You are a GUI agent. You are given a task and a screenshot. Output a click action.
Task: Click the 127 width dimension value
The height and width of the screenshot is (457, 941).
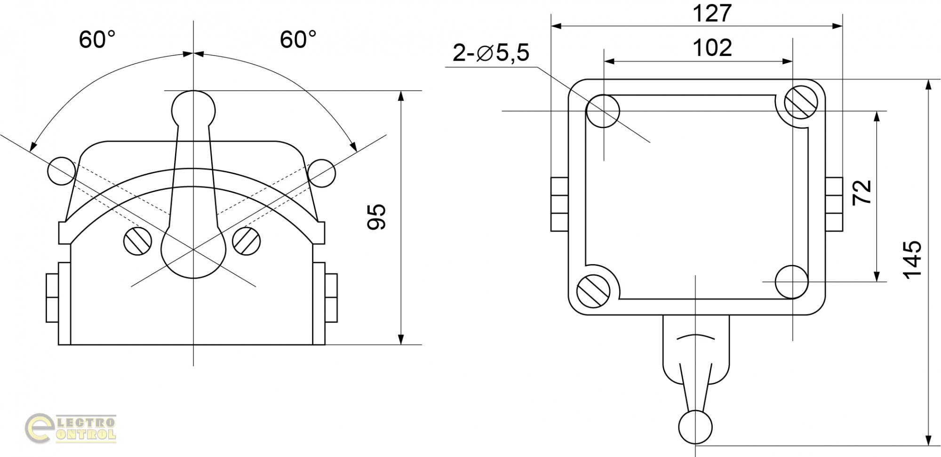click(x=712, y=14)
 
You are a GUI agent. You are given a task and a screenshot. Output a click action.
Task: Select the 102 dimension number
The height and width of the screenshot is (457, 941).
click(x=712, y=48)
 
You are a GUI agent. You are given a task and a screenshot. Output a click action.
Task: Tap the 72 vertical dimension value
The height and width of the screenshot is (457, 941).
click(x=862, y=192)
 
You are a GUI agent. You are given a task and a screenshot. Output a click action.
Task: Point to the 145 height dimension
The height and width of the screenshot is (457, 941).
click(x=912, y=259)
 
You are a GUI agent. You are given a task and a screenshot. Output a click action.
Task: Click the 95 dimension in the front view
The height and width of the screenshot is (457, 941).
click(x=376, y=217)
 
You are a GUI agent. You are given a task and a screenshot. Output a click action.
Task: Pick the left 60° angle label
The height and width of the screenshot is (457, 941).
click(x=97, y=40)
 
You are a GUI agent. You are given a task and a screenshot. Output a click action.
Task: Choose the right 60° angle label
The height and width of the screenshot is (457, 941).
click(x=298, y=40)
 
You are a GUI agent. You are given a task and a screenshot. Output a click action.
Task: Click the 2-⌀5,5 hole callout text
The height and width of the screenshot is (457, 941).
click(x=491, y=52)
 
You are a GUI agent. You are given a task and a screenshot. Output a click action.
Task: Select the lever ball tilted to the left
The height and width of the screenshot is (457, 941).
click(x=61, y=171)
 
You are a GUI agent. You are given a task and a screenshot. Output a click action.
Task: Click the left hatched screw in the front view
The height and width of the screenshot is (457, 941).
click(x=138, y=241)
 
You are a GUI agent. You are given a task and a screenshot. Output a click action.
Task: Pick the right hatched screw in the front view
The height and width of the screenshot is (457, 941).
click(x=247, y=241)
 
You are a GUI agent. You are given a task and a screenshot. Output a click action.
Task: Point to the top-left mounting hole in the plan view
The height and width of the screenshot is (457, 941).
click(x=603, y=111)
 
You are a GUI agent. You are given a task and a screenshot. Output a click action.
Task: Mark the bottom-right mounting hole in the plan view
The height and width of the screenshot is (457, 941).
click(x=792, y=281)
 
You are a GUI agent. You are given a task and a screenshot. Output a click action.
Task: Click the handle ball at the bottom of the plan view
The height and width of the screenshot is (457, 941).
click(x=695, y=427)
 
